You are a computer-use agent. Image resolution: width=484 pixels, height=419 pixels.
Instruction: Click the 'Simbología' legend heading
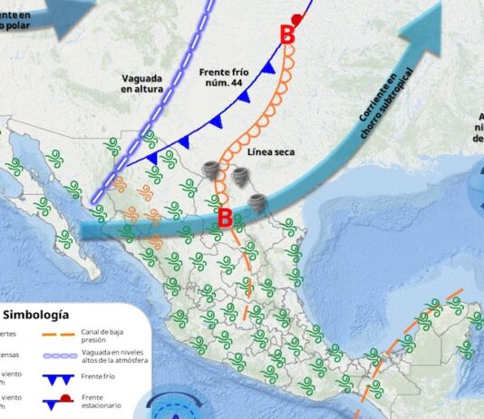[x=36, y=315]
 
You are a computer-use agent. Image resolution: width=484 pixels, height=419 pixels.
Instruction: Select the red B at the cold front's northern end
[x=287, y=35]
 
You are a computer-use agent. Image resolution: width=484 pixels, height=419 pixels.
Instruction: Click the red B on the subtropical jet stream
[x=226, y=217]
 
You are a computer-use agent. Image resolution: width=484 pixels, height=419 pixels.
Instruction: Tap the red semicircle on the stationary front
[x=296, y=20]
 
